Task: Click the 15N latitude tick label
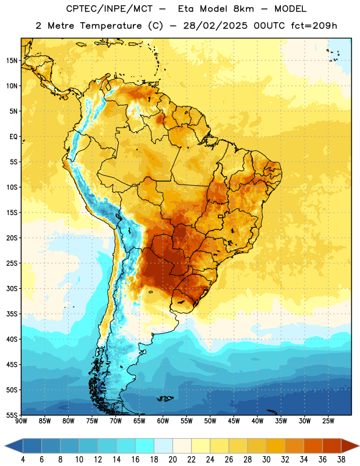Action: pos(12,61)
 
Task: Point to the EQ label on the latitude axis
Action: pos(13,137)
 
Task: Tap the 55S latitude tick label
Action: pos(12,415)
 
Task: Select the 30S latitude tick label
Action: pos(12,288)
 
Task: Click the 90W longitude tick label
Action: pos(21,421)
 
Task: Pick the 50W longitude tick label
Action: pos(210,421)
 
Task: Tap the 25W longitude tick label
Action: pos(328,421)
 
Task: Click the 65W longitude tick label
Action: pos(139,421)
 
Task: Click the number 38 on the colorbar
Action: pos(341,460)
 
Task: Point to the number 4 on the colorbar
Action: pos(23,460)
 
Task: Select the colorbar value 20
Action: pos(172,460)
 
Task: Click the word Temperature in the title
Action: pos(111,26)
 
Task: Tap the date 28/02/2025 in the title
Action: pos(215,26)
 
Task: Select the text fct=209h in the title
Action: pos(314,26)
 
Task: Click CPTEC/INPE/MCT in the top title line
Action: pos(109,9)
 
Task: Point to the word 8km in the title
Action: pos(243,9)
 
